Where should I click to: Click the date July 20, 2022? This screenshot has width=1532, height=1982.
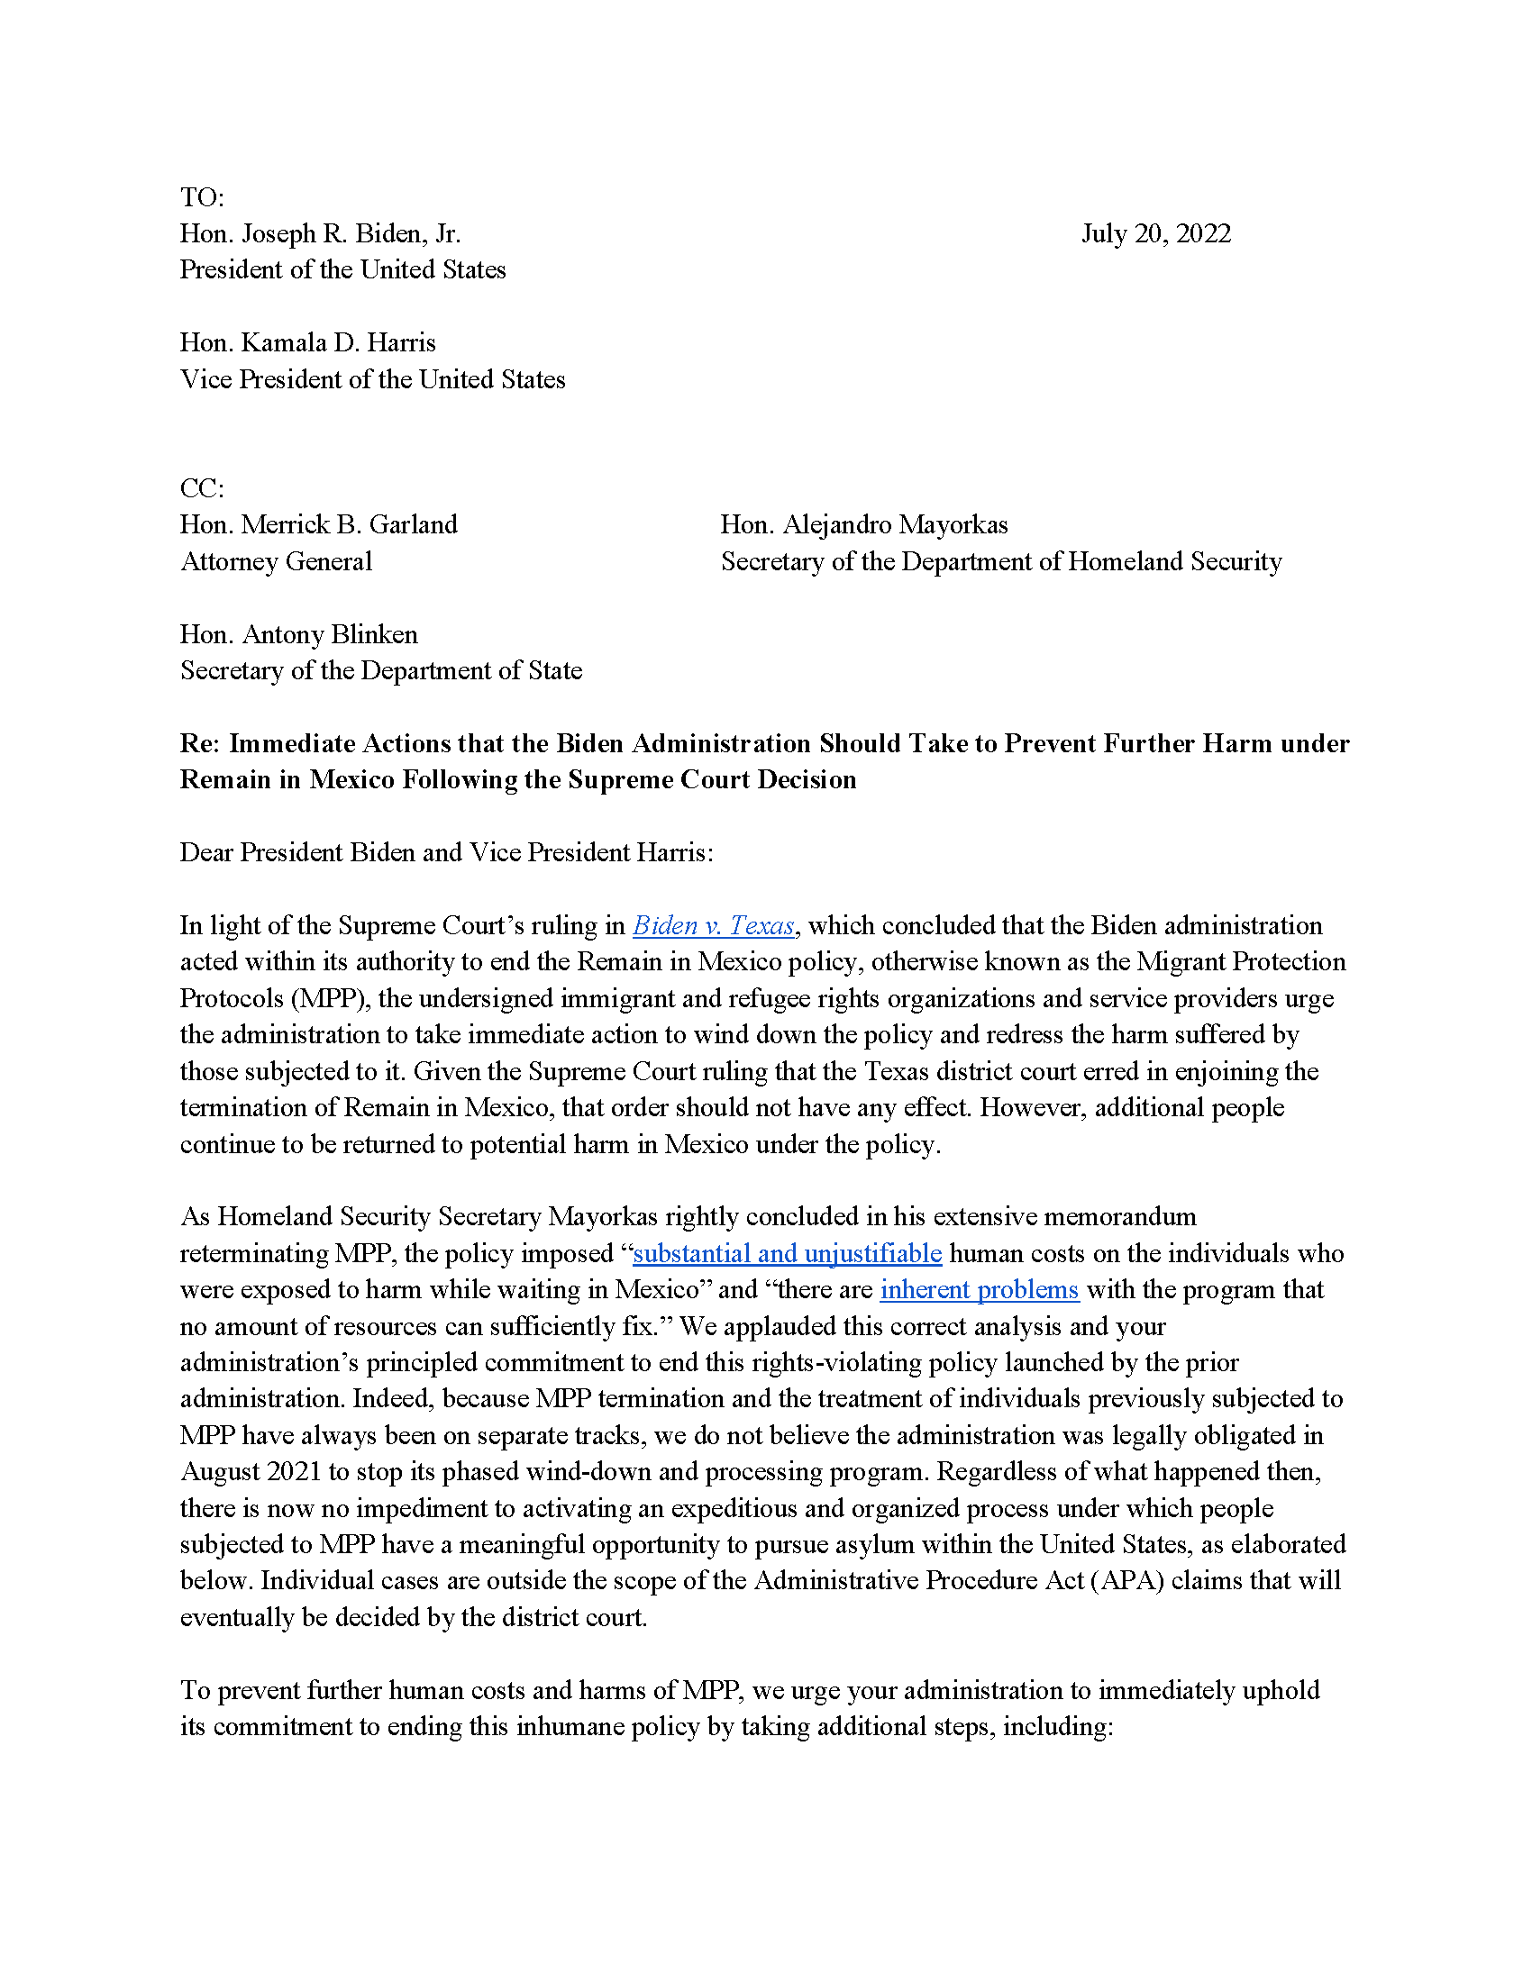tap(1155, 234)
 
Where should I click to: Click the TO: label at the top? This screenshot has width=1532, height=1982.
tap(202, 197)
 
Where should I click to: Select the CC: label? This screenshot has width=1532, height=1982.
tap(202, 488)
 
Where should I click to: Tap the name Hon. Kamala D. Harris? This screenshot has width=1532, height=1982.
tap(307, 342)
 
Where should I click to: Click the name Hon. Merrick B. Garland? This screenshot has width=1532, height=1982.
tap(318, 524)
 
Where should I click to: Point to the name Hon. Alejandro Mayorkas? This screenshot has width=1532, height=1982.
tap(863, 524)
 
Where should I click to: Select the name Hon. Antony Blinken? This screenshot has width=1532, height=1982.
tap(298, 634)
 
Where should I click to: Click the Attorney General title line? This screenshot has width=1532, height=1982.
tap(276, 562)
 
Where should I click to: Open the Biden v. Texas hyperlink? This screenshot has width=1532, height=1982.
tap(714, 925)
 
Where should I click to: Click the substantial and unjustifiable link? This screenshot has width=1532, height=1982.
tap(787, 1253)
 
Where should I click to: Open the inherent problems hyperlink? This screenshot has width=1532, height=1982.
tap(980, 1289)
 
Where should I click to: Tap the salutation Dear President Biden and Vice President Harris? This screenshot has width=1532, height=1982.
tap(445, 852)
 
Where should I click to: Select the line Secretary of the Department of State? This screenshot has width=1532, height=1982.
tap(381, 670)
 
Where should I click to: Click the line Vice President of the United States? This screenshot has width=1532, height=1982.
tap(372, 379)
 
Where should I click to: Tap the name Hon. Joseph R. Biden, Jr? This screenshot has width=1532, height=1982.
tap(321, 234)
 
